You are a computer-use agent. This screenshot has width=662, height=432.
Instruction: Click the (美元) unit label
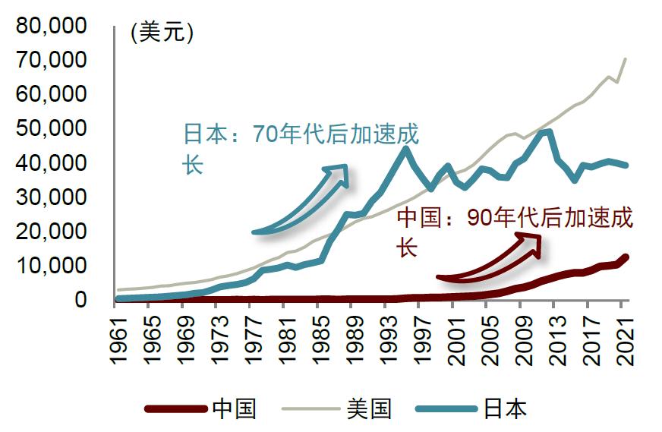pyautogui.click(x=162, y=33)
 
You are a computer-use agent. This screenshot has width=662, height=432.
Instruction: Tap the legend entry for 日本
pyautogui.click(x=504, y=409)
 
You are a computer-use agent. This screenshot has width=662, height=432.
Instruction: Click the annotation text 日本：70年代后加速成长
pyautogui.click(x=301, y=148)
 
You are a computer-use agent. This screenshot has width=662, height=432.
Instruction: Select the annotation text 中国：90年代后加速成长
pyautogui.click(x=514, y=232)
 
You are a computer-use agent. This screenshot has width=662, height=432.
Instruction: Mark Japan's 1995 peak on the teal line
pyautogui.click(x=406, y=149)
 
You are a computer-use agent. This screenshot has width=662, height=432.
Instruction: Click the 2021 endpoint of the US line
pyautogui.click(x=626, y=58)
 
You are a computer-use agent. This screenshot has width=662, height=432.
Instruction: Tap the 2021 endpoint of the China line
pyautogui.click(x=626, y=257)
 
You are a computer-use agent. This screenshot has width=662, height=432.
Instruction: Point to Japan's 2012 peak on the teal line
pyautogui.click(x=548, y=132)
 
